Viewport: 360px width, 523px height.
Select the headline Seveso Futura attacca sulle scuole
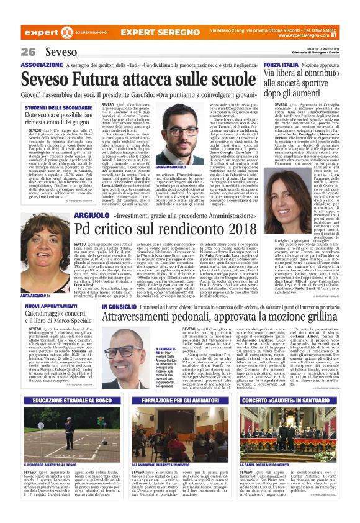point(130,80)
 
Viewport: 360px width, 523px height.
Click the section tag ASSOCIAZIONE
point(42,65)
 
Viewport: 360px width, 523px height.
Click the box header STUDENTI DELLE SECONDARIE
point(58,108)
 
